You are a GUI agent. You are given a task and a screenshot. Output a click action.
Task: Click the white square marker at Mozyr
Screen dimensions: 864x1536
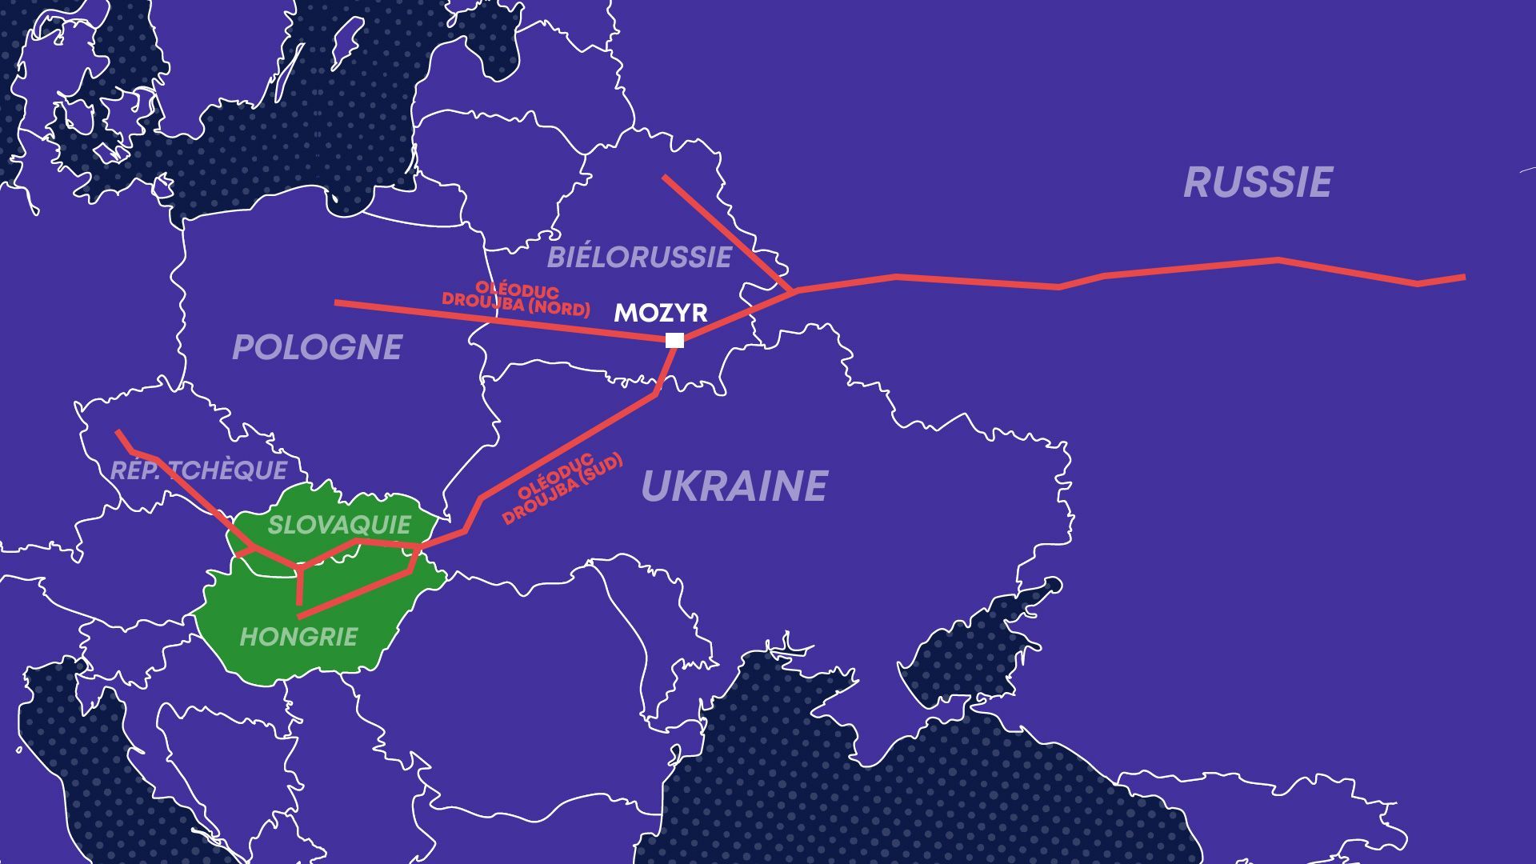(x=674, y=340)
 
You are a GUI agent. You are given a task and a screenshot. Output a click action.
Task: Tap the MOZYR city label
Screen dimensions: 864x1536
(x=660, y=313)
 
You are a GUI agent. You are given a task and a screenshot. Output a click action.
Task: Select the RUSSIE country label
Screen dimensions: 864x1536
(x=1258, y=182)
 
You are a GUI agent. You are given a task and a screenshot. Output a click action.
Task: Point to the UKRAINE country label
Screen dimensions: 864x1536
(x=734, y=486)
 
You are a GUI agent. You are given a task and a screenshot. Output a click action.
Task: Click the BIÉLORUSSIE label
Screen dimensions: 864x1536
(x=638, y=258)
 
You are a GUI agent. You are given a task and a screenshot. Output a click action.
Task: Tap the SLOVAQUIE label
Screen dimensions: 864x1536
(x=338, y=525)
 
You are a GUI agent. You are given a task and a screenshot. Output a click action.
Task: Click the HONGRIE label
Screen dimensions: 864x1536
(x=298, y=637)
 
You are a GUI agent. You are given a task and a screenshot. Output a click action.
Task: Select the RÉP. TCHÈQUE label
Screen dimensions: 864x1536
(x=198, y=470)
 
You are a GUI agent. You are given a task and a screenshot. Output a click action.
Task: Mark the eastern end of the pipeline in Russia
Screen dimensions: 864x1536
(x=1464, y=277)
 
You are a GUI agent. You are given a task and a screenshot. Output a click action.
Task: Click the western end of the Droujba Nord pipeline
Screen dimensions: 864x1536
(x=336, y=302)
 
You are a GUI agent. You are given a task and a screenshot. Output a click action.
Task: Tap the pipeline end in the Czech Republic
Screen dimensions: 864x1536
(x=118, y=432)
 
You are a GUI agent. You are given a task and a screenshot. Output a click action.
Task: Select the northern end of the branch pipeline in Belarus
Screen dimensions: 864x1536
(x=664, y=177)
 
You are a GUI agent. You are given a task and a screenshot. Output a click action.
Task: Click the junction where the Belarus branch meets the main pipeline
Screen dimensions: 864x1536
(x=794, y=290)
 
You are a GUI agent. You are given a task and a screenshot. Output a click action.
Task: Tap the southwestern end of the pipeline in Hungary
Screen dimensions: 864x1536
(x=299, y=617)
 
